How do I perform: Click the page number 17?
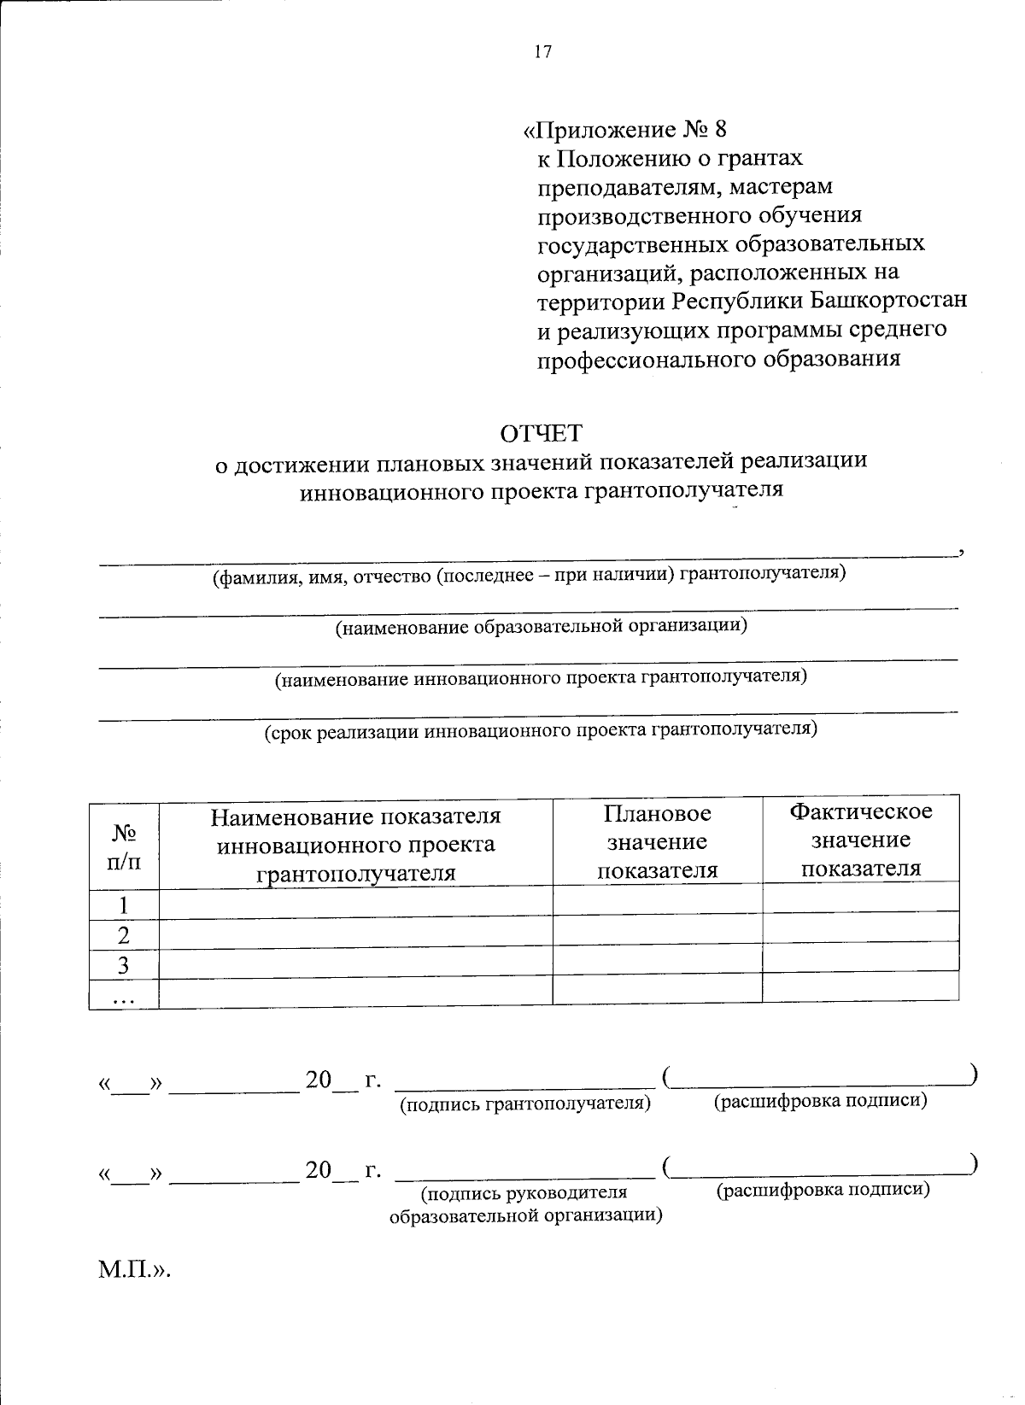543,52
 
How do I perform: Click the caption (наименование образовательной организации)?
541,627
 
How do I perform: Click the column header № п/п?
124,846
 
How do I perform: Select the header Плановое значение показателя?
657,841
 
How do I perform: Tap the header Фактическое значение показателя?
860,840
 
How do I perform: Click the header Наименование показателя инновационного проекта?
355,845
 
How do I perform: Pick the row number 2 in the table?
124,935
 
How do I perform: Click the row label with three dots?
124,997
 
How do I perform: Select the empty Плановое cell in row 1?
657,899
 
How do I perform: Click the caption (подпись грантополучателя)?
525,1104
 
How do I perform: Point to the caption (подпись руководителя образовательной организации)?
525,1203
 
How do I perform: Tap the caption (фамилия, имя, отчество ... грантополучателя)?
529,574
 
